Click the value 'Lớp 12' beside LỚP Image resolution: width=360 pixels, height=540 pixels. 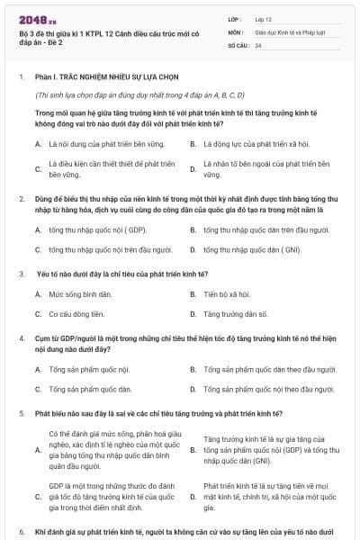point(264,18)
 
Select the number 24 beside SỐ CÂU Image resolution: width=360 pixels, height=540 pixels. point(259,45)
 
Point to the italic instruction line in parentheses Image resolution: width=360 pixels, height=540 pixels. point(139,94)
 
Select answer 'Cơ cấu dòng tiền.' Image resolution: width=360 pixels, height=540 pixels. point(77,314)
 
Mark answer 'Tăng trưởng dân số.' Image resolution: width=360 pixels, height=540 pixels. point(236,314)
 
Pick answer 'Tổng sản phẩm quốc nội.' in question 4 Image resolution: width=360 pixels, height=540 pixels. point(90,369)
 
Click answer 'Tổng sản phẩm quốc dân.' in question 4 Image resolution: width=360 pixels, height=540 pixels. point(91,389)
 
